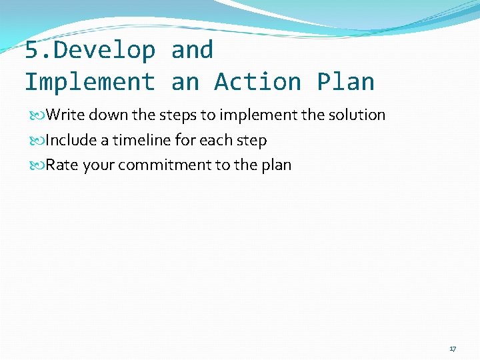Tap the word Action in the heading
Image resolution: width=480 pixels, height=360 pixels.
point(258,82)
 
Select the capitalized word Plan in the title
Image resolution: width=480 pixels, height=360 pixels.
point(345,82)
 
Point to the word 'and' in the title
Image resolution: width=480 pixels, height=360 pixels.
point(192,50)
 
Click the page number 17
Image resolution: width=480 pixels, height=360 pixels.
point(453,349)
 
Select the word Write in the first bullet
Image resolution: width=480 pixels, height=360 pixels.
point(65,115)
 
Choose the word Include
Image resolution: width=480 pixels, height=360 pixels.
point(70,141)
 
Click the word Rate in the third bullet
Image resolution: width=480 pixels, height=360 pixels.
point(62,165)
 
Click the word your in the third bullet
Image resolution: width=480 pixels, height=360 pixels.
point(99,165)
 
